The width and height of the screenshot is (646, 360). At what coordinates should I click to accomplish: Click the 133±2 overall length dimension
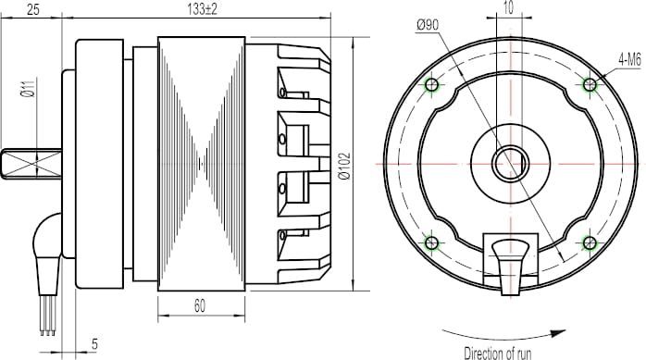(x=202, y=9)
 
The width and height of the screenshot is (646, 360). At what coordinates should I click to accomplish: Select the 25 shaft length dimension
(x=33, y=9)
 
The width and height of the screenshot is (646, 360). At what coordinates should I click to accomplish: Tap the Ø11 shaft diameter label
(x=28, y=89)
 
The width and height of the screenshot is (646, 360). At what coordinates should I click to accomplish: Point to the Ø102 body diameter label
(x=344, y=166)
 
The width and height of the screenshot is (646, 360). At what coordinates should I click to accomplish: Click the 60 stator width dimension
(x=199, y=306)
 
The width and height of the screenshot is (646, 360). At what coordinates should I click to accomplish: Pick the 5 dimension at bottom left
(x=94, y=344)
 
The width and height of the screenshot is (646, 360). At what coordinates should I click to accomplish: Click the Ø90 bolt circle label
(x=429, y=25)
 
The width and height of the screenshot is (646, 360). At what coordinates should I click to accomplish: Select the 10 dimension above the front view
(x=509, y=7)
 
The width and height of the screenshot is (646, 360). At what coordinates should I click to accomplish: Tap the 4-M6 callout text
(x=630, y=60)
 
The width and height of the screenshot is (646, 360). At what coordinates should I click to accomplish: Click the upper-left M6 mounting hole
(x=431, y=85)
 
